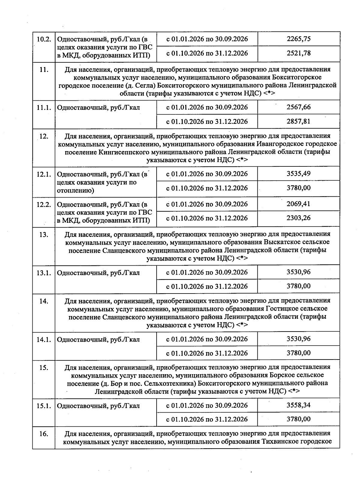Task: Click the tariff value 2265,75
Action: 298,39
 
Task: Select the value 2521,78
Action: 298,53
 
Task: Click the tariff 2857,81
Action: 298,121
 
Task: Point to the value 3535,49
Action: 298,174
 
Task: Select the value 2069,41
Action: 298,204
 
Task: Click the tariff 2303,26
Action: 298,218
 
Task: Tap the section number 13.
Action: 44,234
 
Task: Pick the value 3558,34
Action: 298,405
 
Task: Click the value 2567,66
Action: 298,107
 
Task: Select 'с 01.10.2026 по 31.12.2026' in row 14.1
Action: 207,353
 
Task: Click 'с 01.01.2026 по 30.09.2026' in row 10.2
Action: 207,39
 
